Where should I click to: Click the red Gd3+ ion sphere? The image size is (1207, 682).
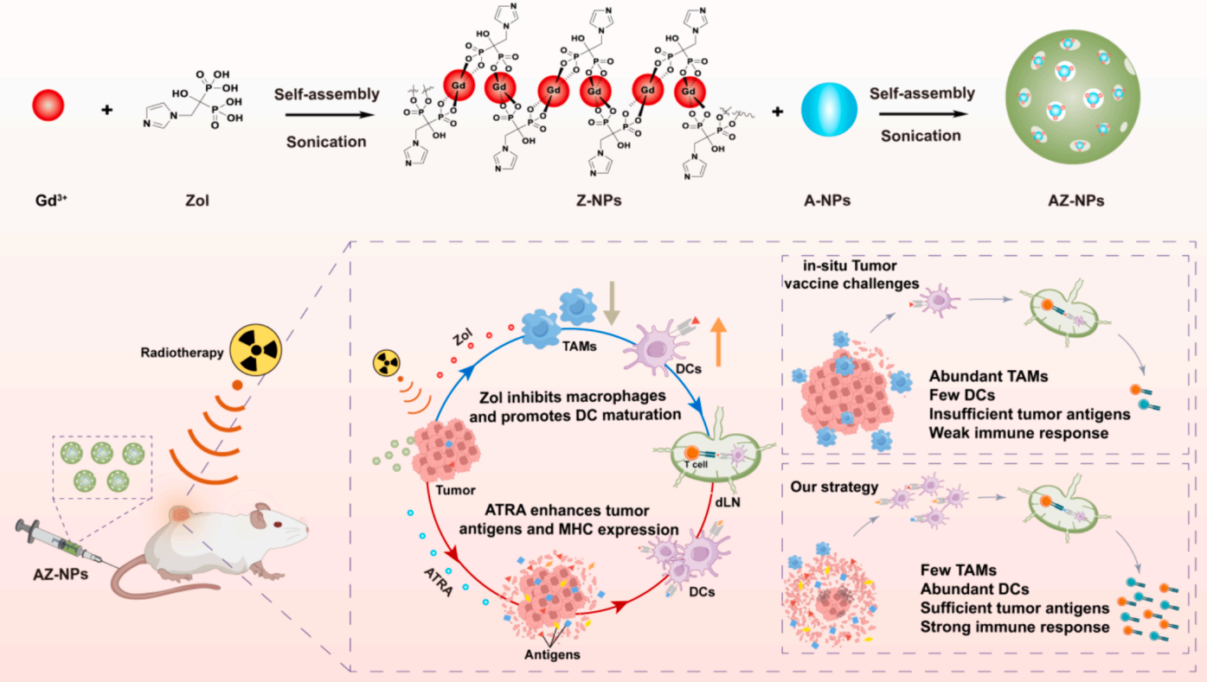50,105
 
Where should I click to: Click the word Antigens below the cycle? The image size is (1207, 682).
552,654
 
